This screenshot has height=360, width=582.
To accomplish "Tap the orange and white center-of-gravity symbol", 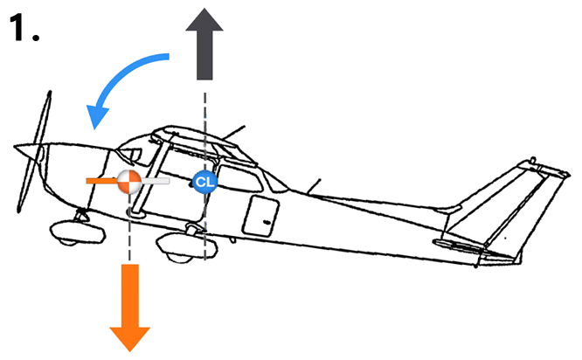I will [x=128, y=181].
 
